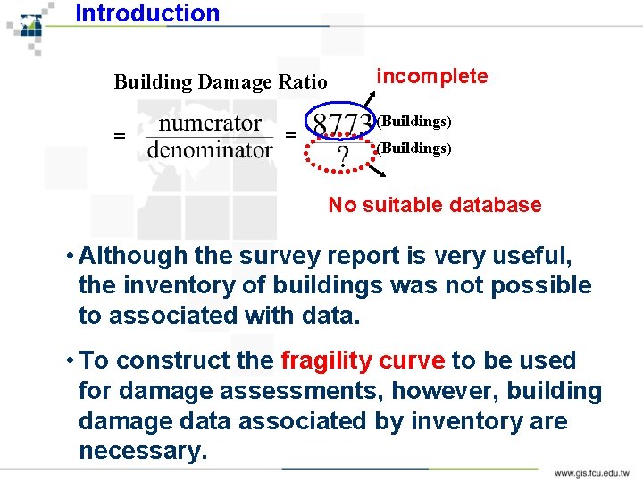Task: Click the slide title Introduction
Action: (x=147, y=13)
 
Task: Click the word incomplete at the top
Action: (x=432, y=76)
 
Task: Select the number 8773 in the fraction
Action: (x=341, y=123)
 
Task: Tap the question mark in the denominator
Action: (x=341, y=159)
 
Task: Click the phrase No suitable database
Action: (x=434, y=205)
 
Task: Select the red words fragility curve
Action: (x=363, y=360)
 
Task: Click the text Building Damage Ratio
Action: (x=221, y=82)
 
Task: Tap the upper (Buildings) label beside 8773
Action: (x=413, y=121)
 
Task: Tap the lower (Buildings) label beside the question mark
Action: (x=413, y=148)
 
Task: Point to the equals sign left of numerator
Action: (x=119, y=136)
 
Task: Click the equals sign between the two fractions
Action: (x=290, y=135)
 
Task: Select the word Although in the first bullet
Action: (x=133, y=256)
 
